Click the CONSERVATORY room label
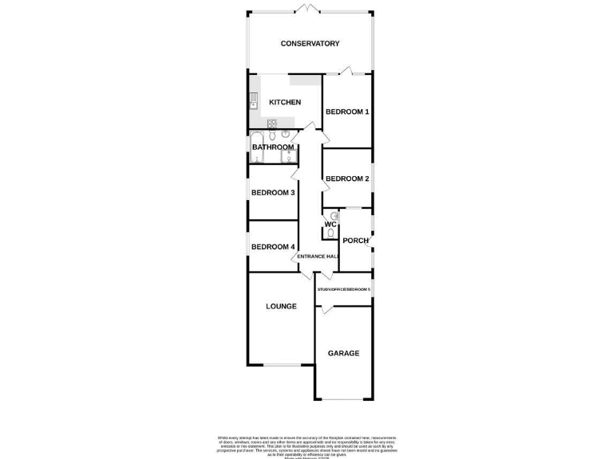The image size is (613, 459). tap(310, 44)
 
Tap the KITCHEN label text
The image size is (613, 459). tap(285, 102)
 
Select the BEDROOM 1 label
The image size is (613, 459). tap(347, 112)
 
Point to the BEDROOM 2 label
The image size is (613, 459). tap(347, 178)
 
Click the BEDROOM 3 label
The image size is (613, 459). tap(274, 193)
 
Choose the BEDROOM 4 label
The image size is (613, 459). tap(274, 247)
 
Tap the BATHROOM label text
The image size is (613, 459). tap(273, 147)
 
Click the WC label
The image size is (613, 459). tap(330, 225)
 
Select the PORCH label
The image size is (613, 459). tap(355, 241)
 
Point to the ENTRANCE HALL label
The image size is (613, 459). tap(318, 257)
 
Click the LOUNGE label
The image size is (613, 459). tap(281, 306)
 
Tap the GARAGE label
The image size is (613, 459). tap(344, 353)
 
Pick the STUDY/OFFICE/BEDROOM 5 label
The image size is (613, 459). tap(344, 289)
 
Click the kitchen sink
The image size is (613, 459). tap(254, 101)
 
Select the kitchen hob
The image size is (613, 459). tap(271, 123)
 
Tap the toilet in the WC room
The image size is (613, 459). tap(330, 233)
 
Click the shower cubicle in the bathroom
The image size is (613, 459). tap(288, 156)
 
